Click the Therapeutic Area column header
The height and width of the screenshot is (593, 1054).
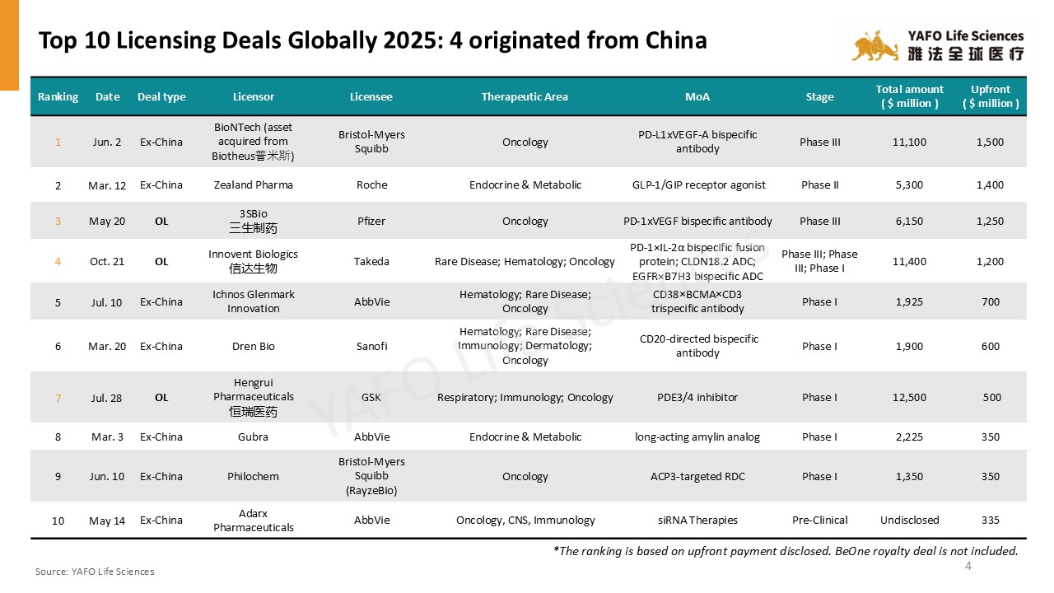coord(525,96)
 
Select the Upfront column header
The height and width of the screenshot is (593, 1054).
coord(991,96)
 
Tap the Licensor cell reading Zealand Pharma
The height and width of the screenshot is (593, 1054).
coord(254,184)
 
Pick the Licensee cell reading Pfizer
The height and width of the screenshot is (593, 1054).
coord(371,221)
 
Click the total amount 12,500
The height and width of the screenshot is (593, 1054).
coord(909,397)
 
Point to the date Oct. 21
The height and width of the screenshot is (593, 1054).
coord(107,261)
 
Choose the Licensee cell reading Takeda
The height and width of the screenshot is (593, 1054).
coord(371,261)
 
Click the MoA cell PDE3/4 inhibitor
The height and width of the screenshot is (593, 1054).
coord(697,397)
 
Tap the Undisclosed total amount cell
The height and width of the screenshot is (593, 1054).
coord(909,520)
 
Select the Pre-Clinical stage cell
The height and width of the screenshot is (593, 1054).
coord(819,520)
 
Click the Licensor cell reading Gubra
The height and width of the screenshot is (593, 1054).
coord(254,437)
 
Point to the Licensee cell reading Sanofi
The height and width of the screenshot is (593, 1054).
coord(371,346)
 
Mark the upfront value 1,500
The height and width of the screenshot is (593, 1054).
coord(990,142)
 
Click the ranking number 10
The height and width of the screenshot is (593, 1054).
coord(58,521)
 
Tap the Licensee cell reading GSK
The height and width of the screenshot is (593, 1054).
coord(371,397)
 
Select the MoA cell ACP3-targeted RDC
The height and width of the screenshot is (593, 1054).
coord(697,476)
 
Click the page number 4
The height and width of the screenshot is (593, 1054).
coord(968,566)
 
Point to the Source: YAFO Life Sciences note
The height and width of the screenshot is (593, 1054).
coord(95,571)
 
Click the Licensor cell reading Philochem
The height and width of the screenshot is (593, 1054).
coord(254,476)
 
